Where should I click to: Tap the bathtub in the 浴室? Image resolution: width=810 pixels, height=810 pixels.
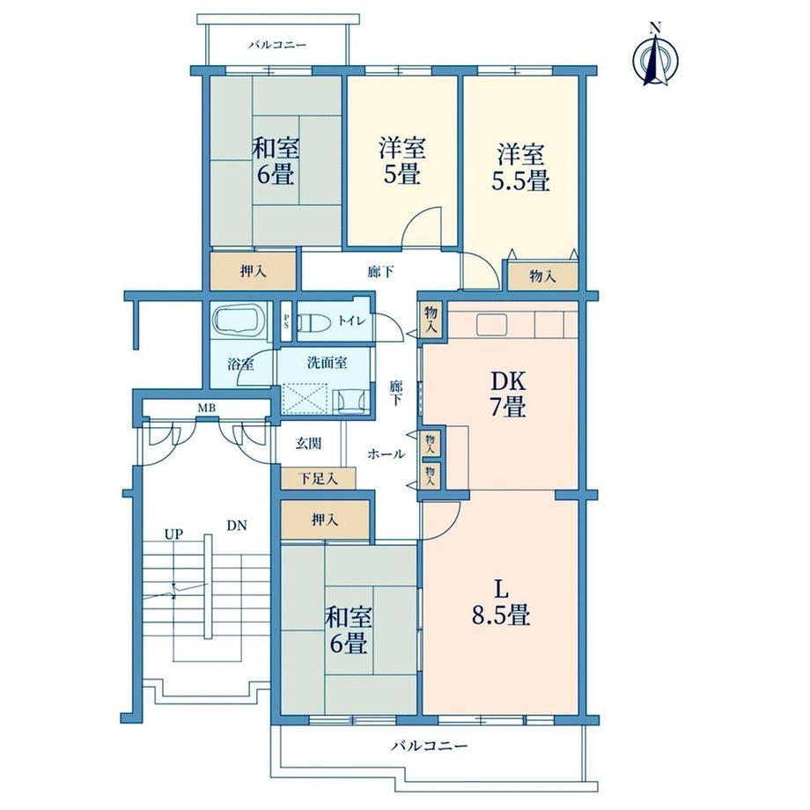[239, 321]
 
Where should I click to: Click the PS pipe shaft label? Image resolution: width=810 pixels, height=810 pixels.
[285, 321]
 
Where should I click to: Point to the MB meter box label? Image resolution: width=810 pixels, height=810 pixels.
[206, 409]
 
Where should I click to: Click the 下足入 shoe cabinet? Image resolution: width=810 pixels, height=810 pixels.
[318, 478]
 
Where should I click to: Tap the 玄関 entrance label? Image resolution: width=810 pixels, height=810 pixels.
[308, 443]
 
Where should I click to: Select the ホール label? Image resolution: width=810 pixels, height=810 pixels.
[386, 454]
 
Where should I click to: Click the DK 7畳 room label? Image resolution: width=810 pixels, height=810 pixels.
[508, 394]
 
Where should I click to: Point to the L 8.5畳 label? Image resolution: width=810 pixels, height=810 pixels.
[501, 602]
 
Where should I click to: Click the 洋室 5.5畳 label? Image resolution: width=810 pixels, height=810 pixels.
[520, 167]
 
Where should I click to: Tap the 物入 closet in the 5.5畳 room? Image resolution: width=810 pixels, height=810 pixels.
[543, 276]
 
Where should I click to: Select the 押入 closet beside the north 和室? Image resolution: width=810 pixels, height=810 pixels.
[254, 271]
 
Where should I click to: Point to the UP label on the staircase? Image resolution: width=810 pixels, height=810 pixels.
[174, 534]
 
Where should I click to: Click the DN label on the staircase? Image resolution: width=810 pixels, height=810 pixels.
[237, 526]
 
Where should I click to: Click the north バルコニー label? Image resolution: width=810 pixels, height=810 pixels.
[277, 45]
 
